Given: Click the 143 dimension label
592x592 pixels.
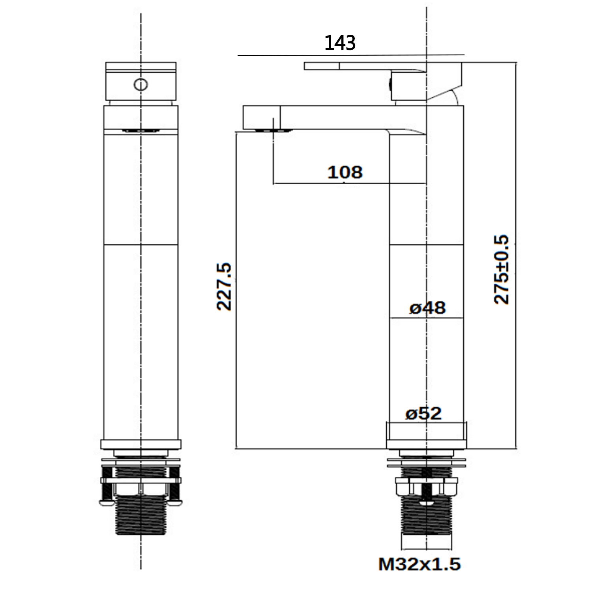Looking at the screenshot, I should tap(340, 43).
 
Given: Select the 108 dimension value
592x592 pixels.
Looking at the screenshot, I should tap(345, 172).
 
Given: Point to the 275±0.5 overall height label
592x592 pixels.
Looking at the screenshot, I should tap(502, 270).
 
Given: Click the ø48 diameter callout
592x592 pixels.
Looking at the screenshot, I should tap(427, 308).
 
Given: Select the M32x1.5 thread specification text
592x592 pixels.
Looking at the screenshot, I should tap(420, 565).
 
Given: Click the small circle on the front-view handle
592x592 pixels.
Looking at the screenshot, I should tap(141, 85).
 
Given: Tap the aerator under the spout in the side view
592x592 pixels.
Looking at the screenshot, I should tap(273, 131).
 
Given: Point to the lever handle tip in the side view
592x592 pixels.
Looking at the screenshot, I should tap(312, 66).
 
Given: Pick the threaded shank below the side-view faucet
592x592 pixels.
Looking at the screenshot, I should tap(427, 521).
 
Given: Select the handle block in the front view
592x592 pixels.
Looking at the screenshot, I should tap(141, 81).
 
